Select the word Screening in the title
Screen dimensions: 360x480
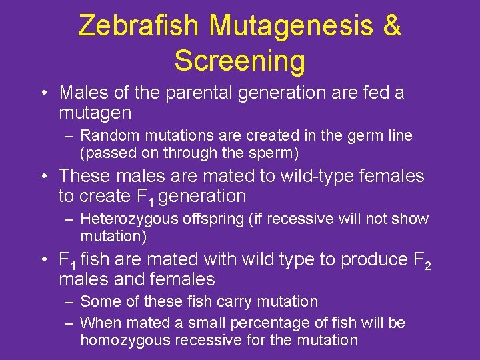coord(240,61)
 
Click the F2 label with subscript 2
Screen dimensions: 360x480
coord(421,260)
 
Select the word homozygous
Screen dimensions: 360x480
coord(124,340)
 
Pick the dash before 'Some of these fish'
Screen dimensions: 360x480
coord(69,301)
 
